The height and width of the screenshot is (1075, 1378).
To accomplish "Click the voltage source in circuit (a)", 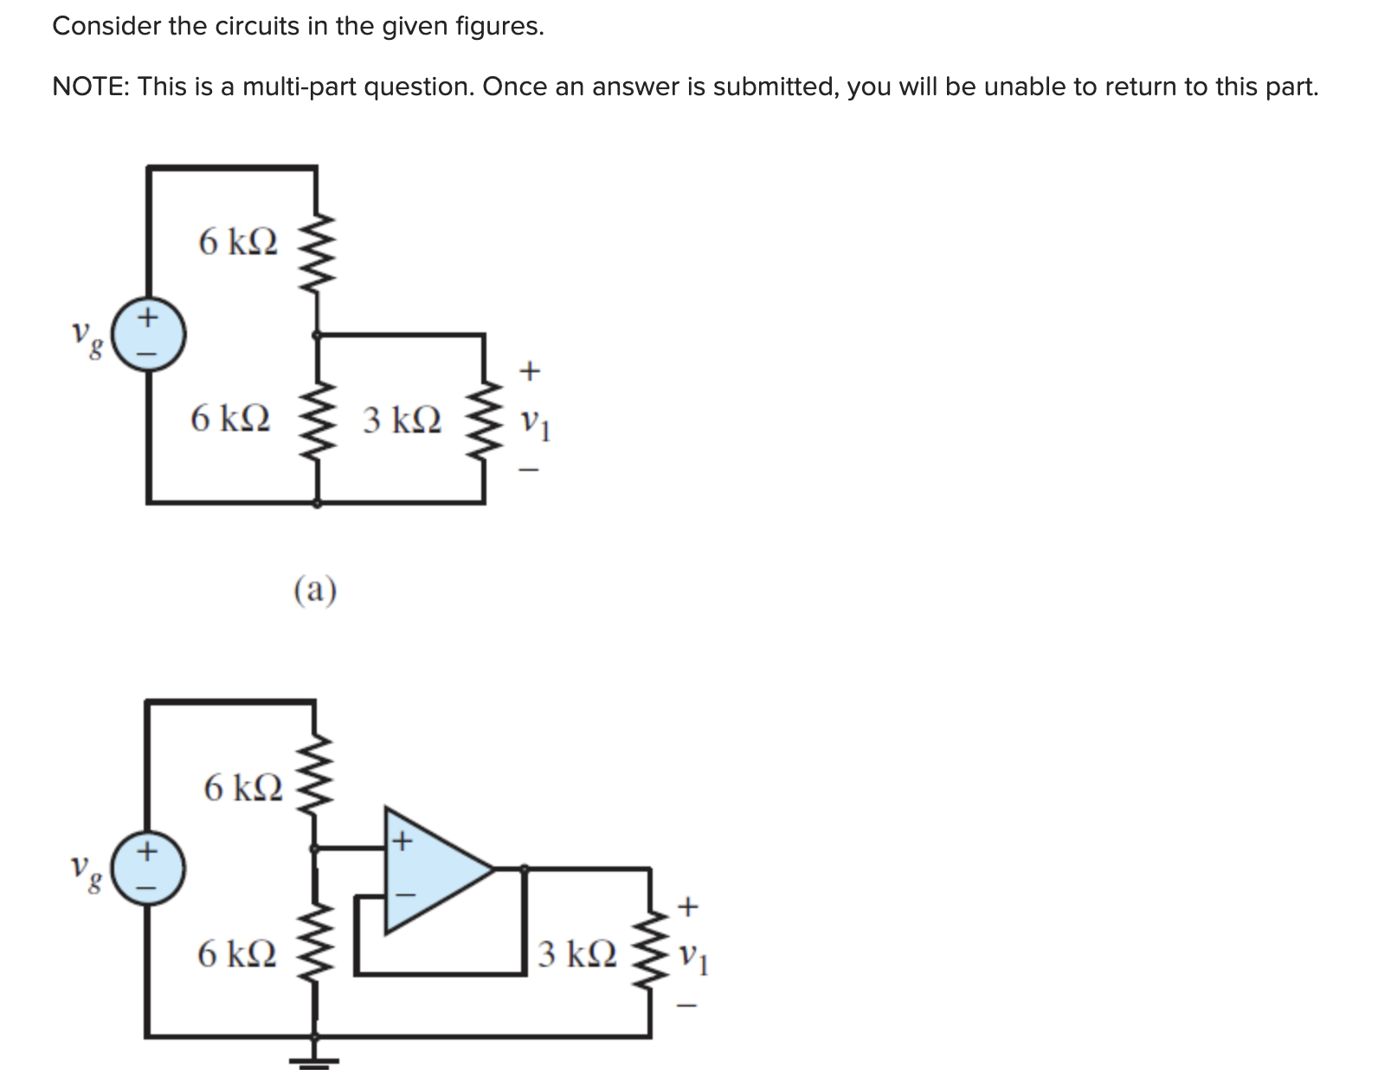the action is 148,334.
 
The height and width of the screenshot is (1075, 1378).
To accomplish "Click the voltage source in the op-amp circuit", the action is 148,868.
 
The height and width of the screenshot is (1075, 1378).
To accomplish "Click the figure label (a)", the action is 315,590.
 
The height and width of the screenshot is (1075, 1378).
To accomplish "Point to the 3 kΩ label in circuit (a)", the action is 402,420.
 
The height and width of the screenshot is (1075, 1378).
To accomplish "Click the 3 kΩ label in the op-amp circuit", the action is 577,953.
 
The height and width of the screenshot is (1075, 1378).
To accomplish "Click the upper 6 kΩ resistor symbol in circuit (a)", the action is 317,252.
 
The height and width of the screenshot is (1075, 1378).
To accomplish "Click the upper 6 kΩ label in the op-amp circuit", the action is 243,788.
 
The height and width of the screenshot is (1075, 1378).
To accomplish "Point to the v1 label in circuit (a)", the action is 535,423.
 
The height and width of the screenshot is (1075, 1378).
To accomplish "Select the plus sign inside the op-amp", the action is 402,841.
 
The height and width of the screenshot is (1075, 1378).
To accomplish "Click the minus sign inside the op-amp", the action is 405,895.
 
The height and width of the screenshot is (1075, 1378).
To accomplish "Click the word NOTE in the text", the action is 90,87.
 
